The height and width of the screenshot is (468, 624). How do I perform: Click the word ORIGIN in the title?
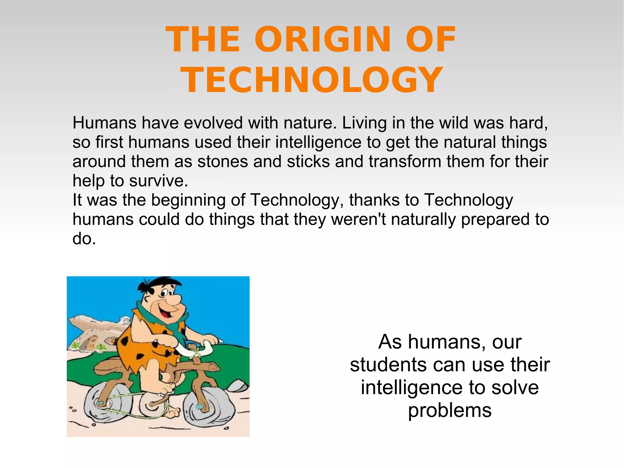pos(322,40)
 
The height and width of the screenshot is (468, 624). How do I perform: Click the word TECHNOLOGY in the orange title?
pos(311,80)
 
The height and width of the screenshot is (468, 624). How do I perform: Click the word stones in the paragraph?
pos(222,162)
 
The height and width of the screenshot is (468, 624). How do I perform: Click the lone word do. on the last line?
pos(84,239)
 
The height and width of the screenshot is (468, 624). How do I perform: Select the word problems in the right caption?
pos(450,410)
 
